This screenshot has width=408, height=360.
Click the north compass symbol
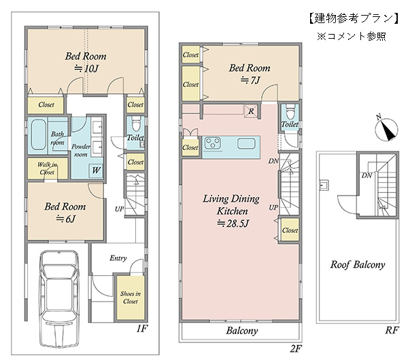point(386,128)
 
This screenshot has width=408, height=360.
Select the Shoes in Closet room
point(131,298)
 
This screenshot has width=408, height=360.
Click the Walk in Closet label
point(47,168)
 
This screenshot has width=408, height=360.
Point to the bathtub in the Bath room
point(38,134)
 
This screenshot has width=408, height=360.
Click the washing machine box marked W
point(96,170)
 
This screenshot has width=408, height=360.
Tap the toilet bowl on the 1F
point(135,124)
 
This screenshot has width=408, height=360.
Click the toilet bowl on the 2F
point(290,111)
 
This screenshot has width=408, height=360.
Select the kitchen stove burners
point(213,143)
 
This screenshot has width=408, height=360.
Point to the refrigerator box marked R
point(251,111)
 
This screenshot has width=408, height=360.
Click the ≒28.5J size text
point(233,223)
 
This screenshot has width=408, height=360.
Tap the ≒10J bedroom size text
point(86,69)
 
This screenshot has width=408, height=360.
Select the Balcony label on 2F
point(242,331)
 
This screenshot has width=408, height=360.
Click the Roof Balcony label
point(358,265)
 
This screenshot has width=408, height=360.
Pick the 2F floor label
point(296,348)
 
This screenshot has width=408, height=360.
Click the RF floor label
point(392,330)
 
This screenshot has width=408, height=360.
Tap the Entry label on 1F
point(118,258)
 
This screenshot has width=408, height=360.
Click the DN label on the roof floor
point(367,175)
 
